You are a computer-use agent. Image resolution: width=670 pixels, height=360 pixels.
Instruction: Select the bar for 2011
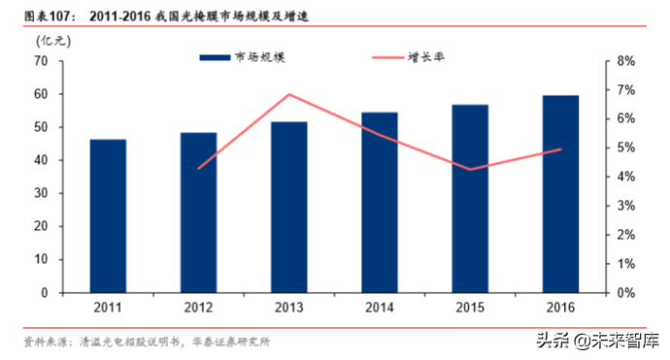[108, 215]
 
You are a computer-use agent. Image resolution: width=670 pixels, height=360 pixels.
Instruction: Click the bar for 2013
[289, 207]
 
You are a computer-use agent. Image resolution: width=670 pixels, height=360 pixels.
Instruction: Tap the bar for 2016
[560, 194]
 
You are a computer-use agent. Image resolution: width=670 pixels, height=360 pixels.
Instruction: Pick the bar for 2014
[380, 202]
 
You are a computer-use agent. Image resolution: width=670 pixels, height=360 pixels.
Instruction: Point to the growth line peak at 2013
[289, 94]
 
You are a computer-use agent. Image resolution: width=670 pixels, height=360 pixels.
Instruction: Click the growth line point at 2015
[470, 169]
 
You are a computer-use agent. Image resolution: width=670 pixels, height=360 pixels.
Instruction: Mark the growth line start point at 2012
[198, 169]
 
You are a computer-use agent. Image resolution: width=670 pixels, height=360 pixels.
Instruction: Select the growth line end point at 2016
[560, 149]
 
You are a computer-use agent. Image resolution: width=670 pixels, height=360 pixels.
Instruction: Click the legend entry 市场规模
[243, 58]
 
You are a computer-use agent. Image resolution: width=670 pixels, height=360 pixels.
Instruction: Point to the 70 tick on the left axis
[41, 61]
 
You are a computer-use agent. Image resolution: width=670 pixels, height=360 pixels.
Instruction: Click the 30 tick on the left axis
[41, 193]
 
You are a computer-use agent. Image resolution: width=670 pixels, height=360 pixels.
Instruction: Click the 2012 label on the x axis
[198, 308]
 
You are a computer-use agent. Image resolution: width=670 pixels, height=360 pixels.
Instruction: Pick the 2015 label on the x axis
[470, 308]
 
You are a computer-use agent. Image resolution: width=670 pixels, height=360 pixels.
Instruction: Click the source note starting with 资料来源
[146, 342]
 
